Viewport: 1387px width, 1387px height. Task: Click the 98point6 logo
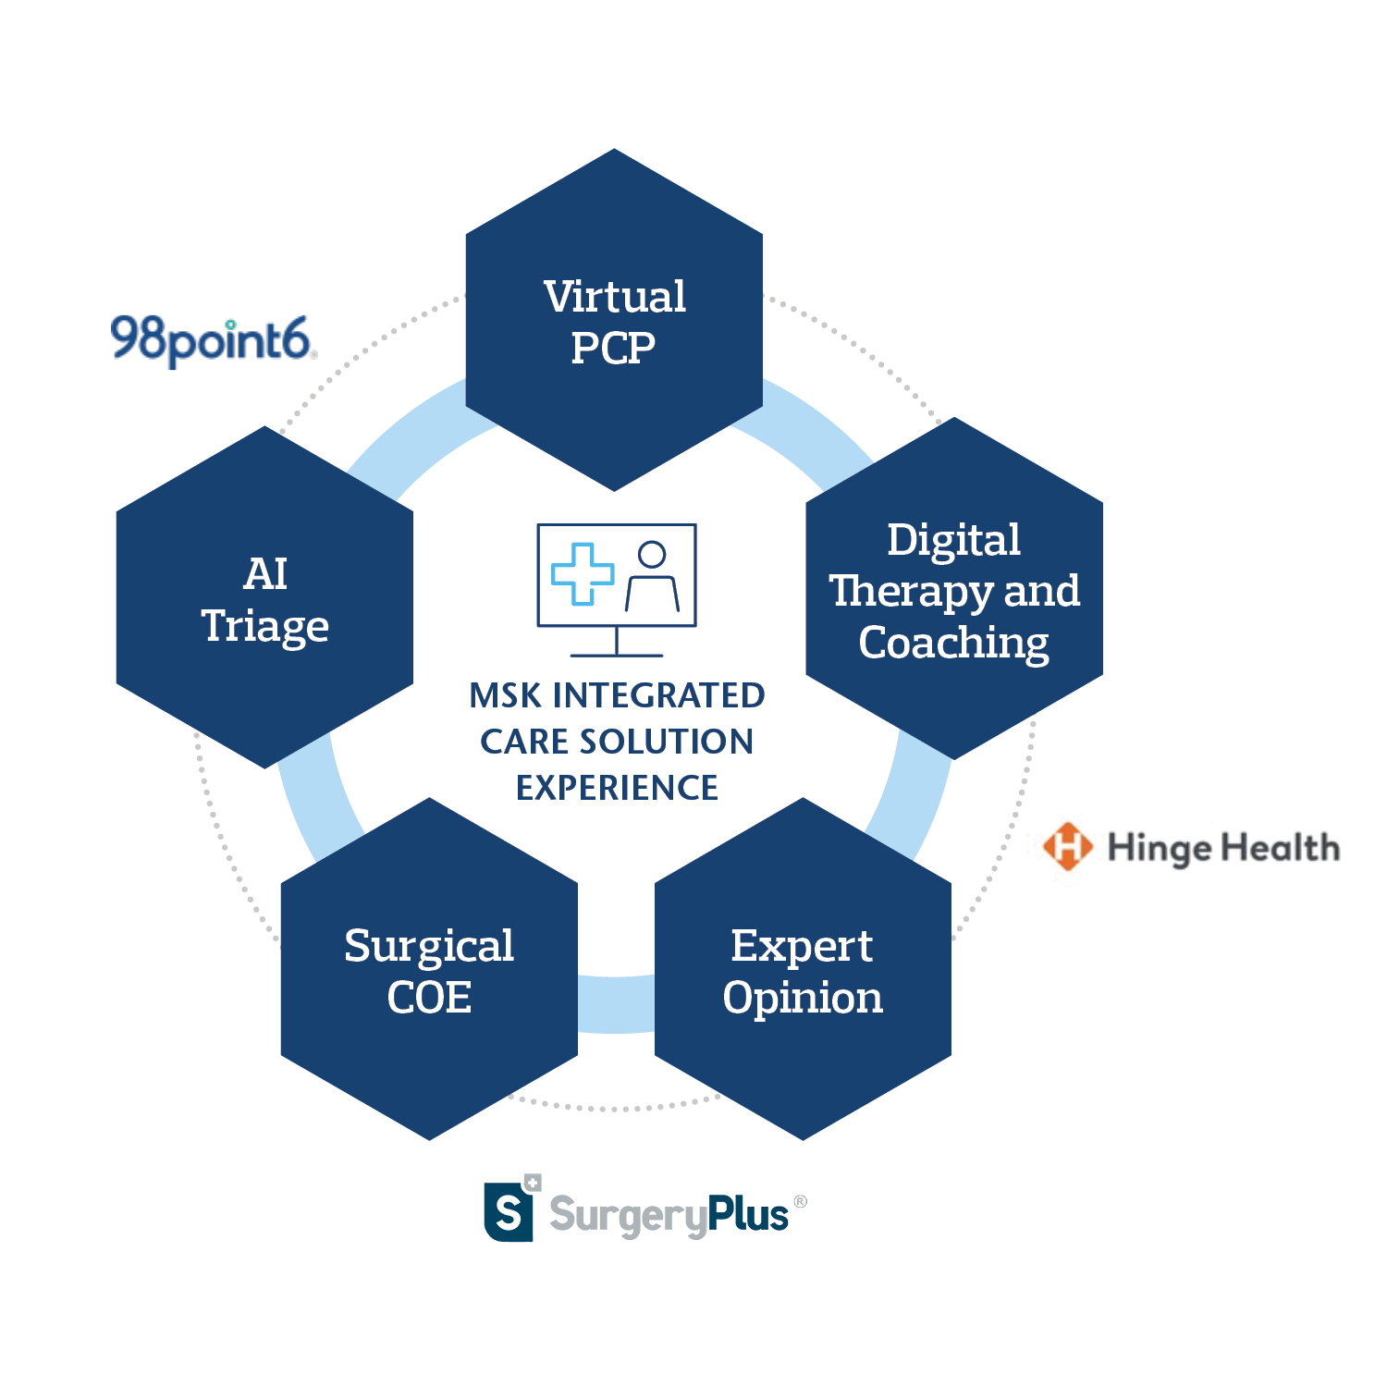coord(214,340)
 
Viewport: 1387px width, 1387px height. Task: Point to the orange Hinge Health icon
coord(1067,846)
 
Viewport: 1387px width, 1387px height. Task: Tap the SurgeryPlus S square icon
coord(509,1211)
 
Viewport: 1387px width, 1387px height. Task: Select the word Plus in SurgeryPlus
coord(748,1215)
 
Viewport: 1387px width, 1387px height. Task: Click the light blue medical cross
coord(583,573)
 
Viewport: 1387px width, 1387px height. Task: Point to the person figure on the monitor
coord(652,578)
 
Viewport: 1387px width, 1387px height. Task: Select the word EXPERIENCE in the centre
coord(617,788)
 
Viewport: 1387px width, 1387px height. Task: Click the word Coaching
coord(953,643)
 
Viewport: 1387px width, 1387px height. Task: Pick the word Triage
coord(265,626)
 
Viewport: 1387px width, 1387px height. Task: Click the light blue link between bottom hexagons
coord(616,1004)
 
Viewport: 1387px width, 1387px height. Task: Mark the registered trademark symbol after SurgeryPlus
coord(801,1201)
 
